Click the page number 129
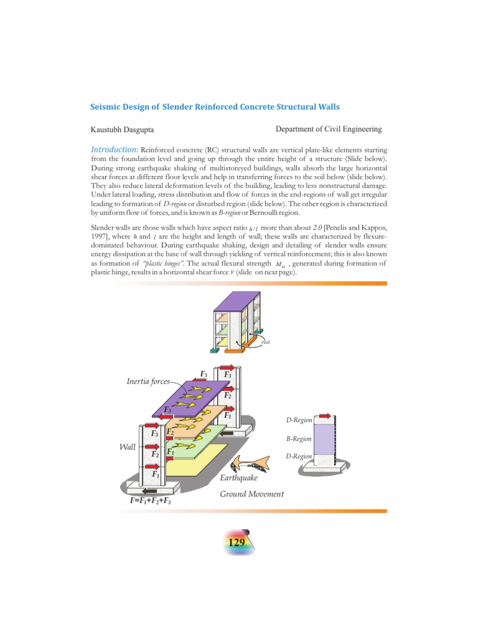237,543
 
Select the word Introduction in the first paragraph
114,150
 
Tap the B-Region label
299,439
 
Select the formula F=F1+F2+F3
150,500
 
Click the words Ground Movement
251,494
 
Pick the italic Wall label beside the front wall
128,447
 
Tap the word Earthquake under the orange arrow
239,478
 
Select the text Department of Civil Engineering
328,129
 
